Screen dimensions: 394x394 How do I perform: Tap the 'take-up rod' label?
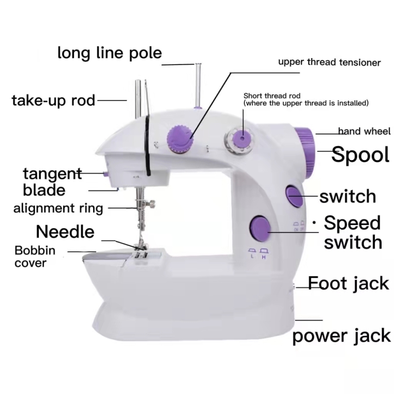53,100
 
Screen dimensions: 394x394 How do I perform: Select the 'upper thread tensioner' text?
329,63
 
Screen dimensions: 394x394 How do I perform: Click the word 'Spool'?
360,155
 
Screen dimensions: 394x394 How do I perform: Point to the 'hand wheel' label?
364,131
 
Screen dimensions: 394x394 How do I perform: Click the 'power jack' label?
341,336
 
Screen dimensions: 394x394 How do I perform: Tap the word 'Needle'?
65,231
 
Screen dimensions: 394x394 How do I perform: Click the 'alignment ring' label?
58,208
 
